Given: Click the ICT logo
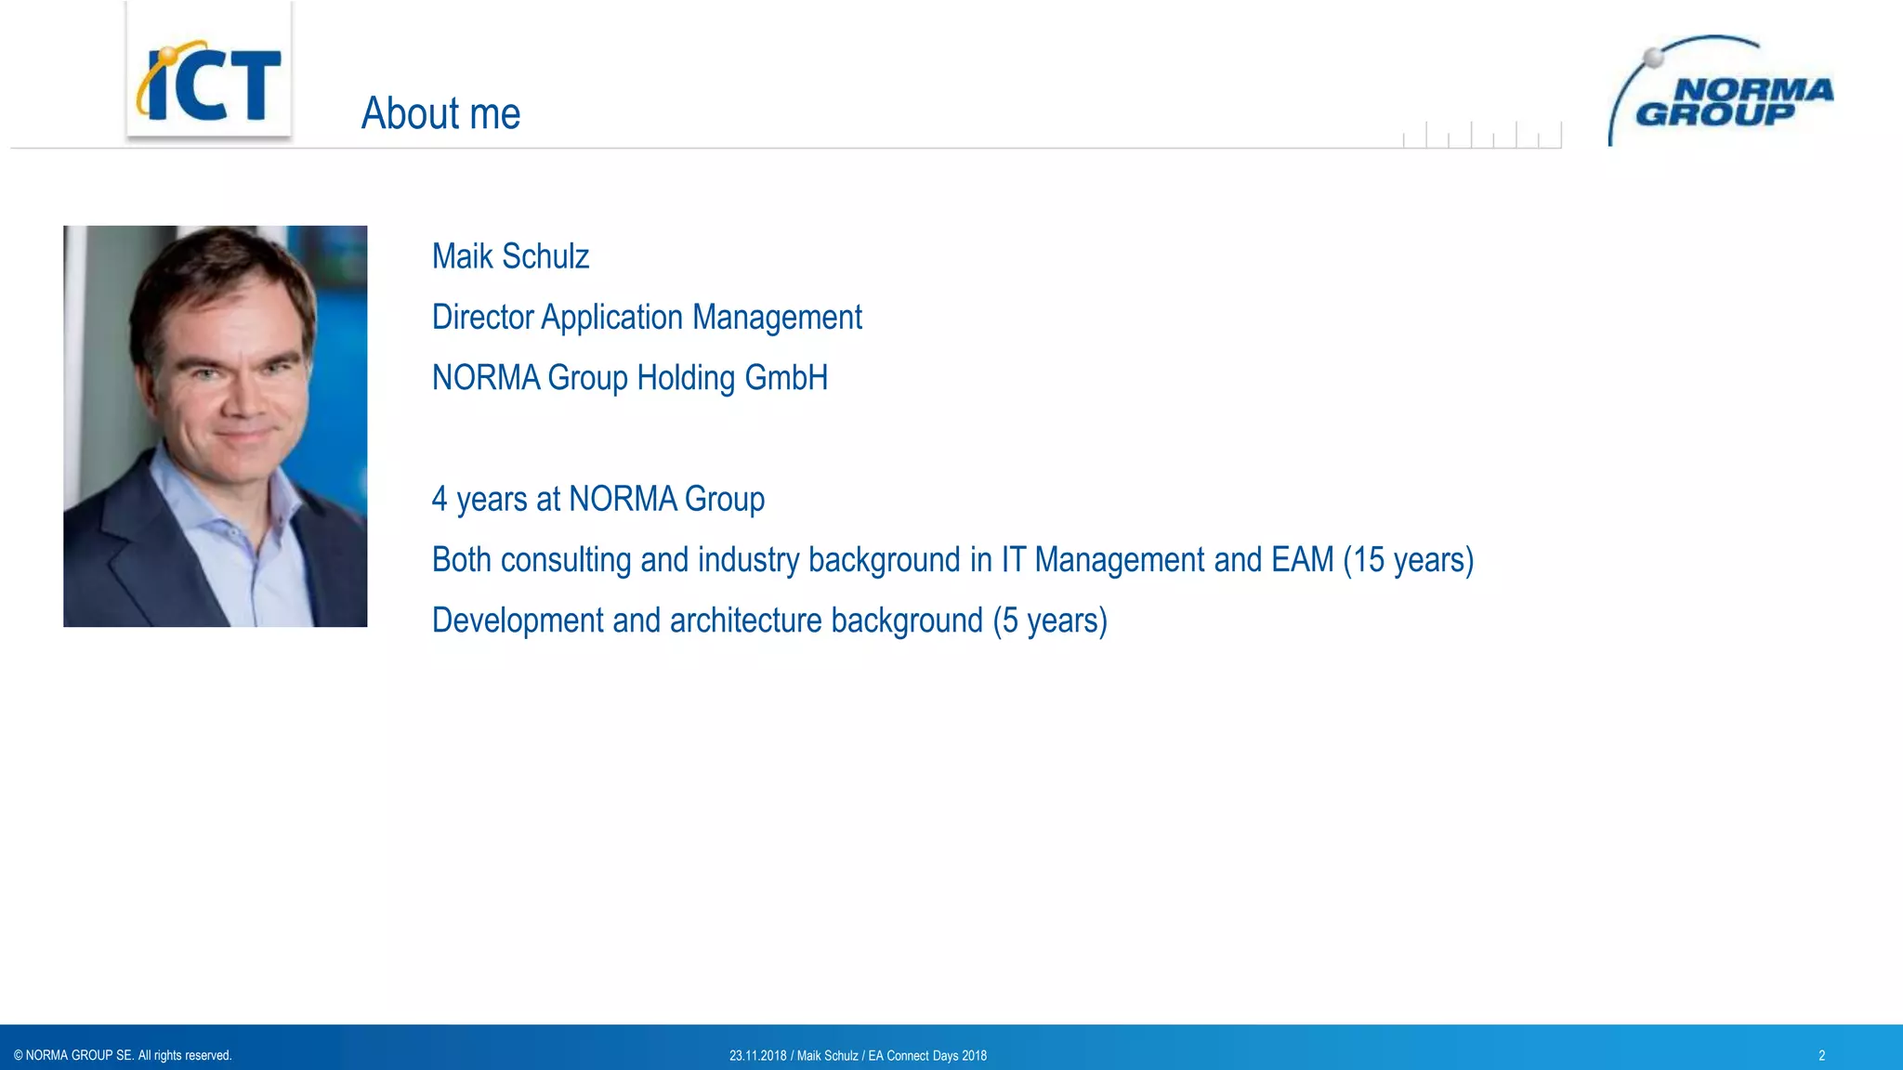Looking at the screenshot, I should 209,82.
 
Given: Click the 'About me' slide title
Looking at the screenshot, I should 440,113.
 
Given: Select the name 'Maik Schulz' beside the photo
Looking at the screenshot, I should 510,256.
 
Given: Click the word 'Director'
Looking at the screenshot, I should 482,318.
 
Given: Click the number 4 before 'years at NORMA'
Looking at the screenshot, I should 440,500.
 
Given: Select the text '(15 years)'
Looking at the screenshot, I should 1408,560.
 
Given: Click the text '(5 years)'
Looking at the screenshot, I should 1050,620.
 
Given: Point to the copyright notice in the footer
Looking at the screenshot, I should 123,1055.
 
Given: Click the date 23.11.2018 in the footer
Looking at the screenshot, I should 757,1056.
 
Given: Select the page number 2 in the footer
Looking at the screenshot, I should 1821,1056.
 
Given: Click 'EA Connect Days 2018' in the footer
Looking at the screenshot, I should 927,1056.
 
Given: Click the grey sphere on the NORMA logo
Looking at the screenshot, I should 1653,58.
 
